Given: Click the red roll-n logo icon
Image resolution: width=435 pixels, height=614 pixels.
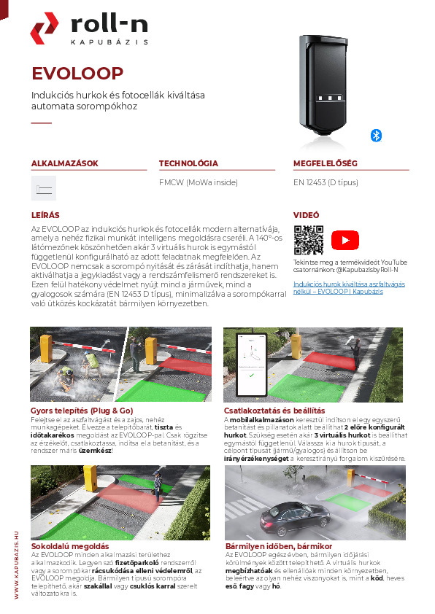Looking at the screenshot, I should [x=44, y=28].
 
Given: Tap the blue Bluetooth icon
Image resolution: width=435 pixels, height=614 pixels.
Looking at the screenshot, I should [x=377, y=135].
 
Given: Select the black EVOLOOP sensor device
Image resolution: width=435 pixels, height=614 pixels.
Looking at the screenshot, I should [x=330, y=84].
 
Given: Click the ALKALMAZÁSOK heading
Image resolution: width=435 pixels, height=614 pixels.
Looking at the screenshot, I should [x=64, y=163].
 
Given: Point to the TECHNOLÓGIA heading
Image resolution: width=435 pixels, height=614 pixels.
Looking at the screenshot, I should [x=188, y=163].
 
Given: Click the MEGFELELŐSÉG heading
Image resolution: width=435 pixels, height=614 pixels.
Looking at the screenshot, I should [x=325, y=163].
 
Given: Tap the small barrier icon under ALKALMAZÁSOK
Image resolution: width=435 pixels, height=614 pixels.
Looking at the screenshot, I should [x=44, y=189].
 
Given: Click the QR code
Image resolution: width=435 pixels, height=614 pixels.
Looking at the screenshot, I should [x=308, y=240].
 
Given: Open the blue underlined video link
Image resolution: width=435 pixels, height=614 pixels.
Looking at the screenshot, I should [x=338, y=287].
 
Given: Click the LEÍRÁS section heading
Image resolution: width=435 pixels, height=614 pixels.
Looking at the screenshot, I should [x=45, y=216].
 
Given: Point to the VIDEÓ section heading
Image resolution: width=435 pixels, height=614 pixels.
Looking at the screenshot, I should [x=307, y=216].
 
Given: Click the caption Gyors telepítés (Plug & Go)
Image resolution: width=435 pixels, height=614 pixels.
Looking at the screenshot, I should [x=82, y=411].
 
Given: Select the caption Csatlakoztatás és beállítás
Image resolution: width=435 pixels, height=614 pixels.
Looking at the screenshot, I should [x=274, y=411].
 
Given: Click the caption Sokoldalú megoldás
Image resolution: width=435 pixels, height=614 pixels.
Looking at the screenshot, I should [x=70, y=545].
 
